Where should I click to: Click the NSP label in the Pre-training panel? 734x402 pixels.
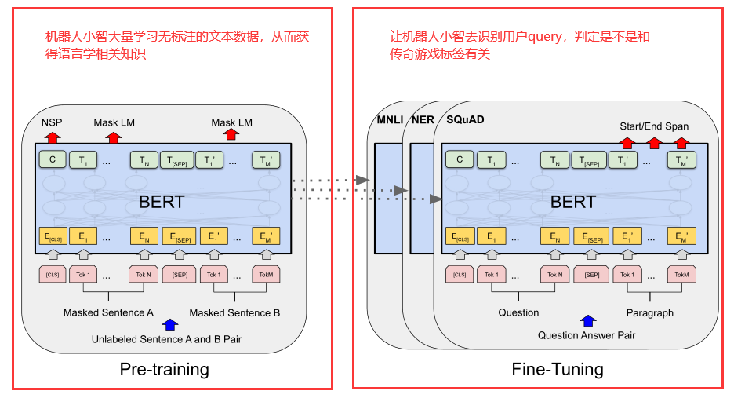[52, 122]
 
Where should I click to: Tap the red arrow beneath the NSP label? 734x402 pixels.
[52, 137]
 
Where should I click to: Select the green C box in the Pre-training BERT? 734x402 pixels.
[52, 160]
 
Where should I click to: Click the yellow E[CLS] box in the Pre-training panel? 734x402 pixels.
[53, 236]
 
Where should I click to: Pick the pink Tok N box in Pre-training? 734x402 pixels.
[144, 275]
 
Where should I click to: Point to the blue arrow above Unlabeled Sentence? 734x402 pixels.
[169, 324]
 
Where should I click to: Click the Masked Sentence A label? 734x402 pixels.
[108, 312]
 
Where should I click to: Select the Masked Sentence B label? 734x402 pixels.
[234, 312]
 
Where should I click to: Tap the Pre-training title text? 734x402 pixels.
[165, 369]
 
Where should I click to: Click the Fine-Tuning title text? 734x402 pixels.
[558, 369]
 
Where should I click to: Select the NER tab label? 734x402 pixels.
[423, 119]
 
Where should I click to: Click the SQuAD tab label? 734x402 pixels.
[465, 119]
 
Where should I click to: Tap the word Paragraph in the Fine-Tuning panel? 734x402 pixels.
[649, 312]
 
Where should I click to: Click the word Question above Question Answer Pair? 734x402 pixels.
[518, 312]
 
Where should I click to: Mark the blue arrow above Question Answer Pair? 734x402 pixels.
[587, 321]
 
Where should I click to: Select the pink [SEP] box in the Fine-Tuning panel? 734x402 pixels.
[590, 275]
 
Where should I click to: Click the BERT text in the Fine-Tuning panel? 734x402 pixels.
[572, 202]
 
